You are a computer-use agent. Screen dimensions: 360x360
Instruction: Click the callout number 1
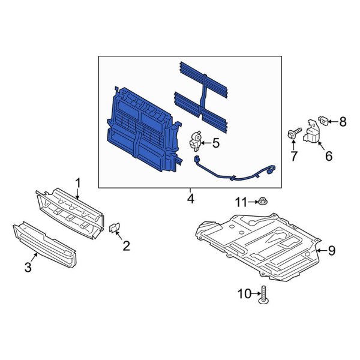[77, 181]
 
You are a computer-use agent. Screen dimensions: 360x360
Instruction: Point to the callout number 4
[190, 198]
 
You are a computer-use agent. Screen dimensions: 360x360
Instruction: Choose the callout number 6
[328, 156]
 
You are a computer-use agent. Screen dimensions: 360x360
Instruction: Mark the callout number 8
[343, 122]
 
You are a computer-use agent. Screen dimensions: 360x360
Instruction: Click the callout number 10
[244, 294]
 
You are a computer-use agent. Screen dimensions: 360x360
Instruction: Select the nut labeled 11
[266, 203]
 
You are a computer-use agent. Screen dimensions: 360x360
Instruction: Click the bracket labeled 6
[311, 133]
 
